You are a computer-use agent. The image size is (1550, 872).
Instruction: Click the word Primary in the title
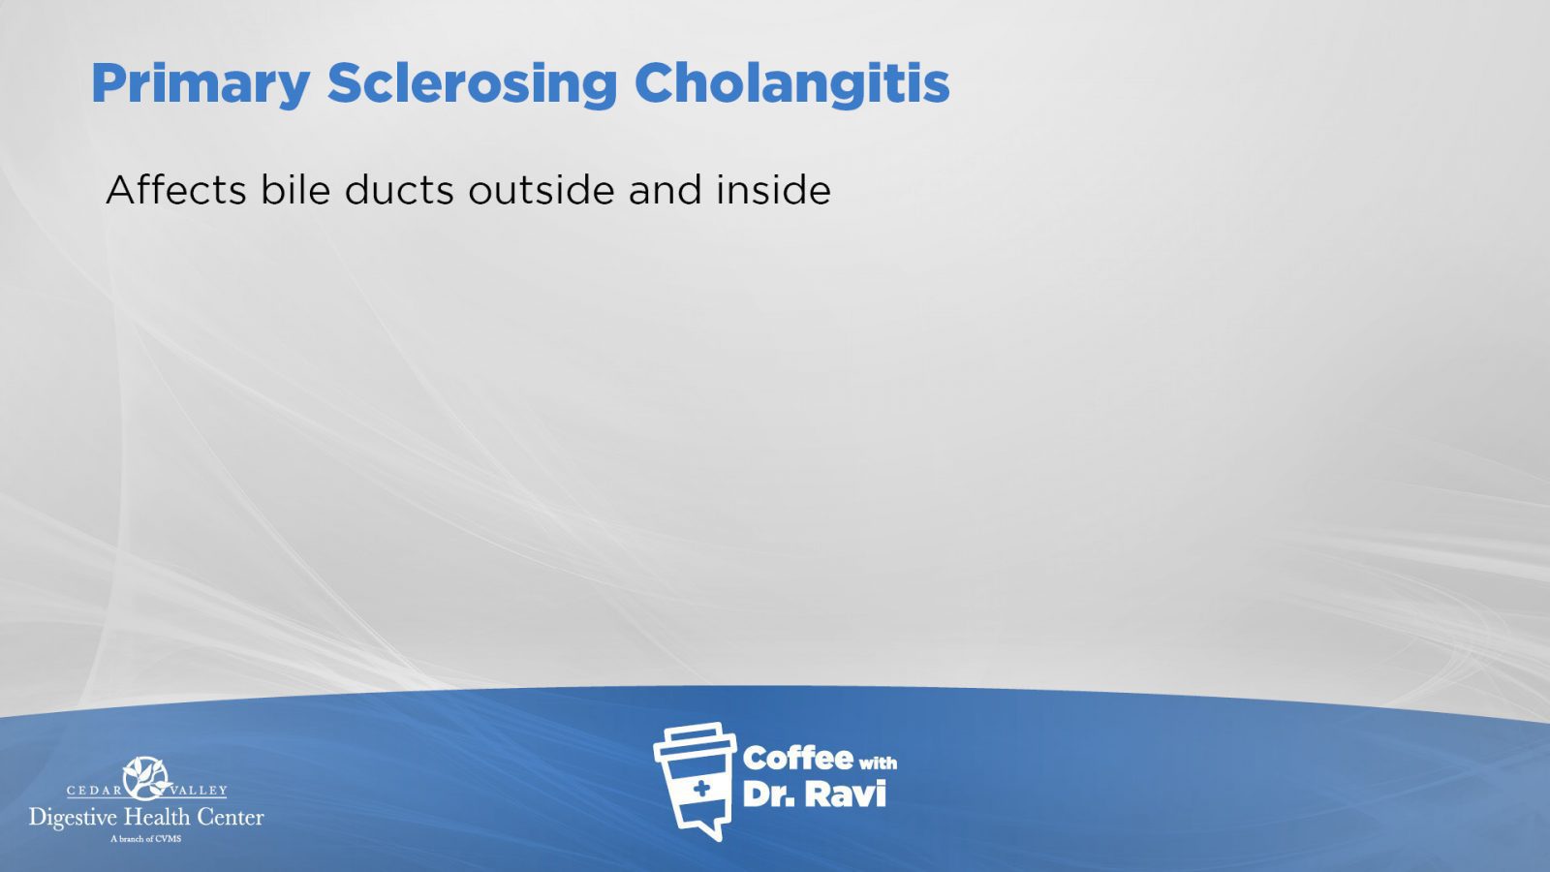(201, 85)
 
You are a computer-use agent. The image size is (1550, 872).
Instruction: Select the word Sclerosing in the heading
(472, 85)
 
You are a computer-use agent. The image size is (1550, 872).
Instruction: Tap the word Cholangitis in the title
(791, 83)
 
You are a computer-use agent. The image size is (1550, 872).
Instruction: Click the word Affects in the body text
(175, 190)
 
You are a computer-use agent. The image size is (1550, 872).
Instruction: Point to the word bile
(295, 190)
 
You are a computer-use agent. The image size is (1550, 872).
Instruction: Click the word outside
(542, 190)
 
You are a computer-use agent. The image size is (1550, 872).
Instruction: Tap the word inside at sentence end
(774, 190)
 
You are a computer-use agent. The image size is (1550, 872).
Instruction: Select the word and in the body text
(665, 190)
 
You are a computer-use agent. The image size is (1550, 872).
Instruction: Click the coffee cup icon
(695, 781)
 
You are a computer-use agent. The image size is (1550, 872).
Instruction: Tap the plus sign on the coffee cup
(701, 789)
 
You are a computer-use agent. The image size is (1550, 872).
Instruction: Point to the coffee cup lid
(695, 739)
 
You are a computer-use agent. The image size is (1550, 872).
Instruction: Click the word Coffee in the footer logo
(798, 759)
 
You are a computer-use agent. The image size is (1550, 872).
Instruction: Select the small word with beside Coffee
(878, 763)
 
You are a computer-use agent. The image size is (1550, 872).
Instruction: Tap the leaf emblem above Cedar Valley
(146, 778)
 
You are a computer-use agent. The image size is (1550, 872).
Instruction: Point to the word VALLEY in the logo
(199, 791)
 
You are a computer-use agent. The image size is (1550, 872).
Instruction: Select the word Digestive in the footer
(74, 819)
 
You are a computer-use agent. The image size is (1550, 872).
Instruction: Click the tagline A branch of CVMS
(146, 839)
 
